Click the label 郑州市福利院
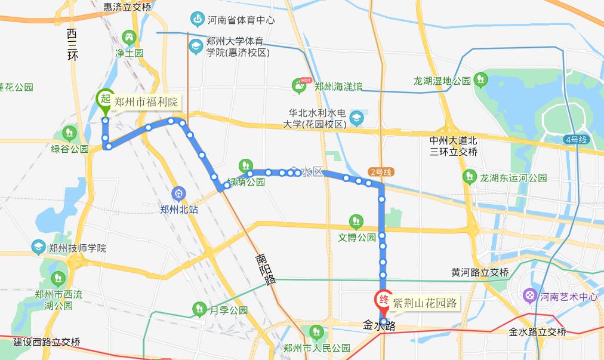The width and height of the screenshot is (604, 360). click(146, 102)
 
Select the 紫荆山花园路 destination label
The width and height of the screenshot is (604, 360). click(425, 303)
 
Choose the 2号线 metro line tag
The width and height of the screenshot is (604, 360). click(381, 172)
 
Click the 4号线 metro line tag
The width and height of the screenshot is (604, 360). click(575, 140)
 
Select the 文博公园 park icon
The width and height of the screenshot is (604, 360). click(356, 222)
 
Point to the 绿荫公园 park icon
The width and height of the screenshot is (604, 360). click(245, 165)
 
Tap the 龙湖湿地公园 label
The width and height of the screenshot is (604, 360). click(442, 81)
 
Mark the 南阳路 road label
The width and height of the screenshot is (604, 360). click(265, 269)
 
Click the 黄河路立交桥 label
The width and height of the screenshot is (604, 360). click(480, 272)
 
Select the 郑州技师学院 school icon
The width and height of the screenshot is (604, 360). click(39, 247)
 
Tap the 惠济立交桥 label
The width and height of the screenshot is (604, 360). click(127, 7)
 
